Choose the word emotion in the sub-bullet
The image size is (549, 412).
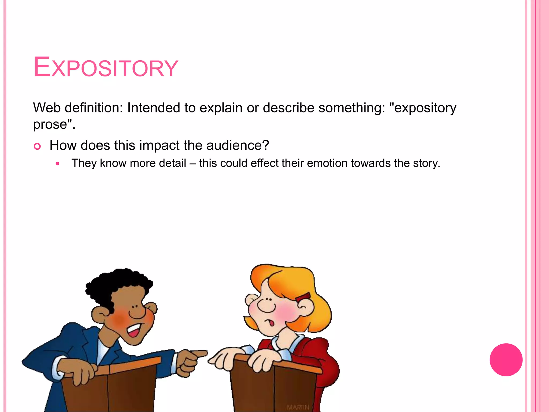[327, 163]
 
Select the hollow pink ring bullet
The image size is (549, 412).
[37, 146]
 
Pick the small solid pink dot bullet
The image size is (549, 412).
[57, 163]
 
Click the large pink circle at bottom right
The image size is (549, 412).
[506, 360]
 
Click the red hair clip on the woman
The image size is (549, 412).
[303, 297]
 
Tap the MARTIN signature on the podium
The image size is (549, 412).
[298, 407]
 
